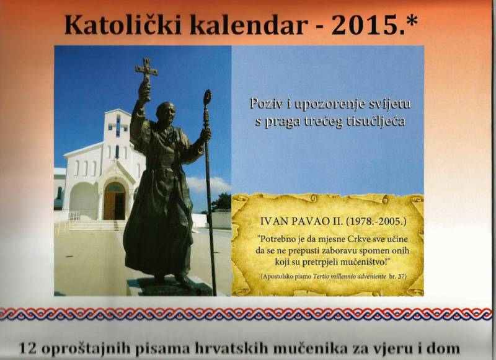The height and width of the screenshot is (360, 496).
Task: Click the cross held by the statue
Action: click(146, 70)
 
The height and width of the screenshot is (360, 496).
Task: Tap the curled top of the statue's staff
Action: click(207, 97)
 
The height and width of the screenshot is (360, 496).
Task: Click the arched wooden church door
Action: click(114, 201)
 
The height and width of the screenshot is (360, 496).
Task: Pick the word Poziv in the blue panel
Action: click(265, 102)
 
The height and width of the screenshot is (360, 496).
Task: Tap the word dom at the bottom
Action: click(445, 348)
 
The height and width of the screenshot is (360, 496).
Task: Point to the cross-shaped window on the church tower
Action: click(117, 125)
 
